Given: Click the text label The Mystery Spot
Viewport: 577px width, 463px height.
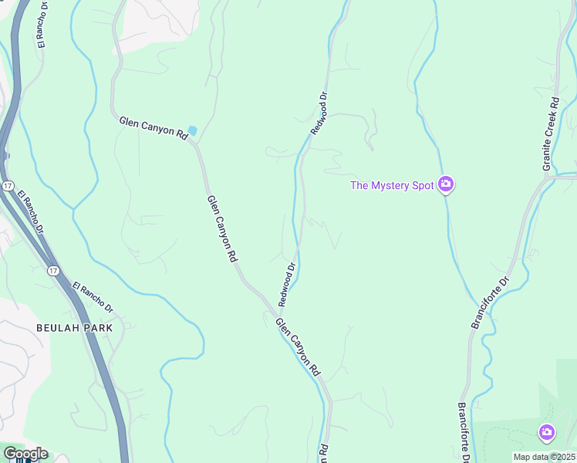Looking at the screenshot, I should click(x=392, y=185).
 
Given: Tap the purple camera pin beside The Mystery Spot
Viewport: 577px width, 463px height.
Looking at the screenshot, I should click(x=445, y=184).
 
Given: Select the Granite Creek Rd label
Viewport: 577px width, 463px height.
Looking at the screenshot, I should click(x=550, y=134).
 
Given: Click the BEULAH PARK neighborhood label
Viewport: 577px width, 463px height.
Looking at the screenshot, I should click(x=74, y=327).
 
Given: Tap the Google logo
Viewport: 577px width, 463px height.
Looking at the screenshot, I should click(x=25, y=454).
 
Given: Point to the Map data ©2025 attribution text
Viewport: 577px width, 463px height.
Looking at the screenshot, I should click(x=544, y=457).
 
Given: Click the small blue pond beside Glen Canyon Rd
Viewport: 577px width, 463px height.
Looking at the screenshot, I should click(x=192, y=130).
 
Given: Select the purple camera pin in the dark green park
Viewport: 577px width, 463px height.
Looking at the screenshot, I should click(x=547, y=431).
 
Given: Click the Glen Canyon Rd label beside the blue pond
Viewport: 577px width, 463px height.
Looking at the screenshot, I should click(x=154, y=127).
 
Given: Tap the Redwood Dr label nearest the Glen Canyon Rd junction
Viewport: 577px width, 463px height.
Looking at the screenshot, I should click(x=287, y=283).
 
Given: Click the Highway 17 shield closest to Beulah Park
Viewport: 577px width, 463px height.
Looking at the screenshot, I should click(x=52, y=271).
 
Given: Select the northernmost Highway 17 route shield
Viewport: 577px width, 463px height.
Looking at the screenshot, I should click(x=7, y=186).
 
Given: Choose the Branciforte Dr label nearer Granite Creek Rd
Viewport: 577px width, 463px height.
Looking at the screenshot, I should click(x=491, y=302).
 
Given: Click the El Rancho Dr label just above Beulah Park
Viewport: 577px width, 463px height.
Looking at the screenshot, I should click(x=93, y=297).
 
